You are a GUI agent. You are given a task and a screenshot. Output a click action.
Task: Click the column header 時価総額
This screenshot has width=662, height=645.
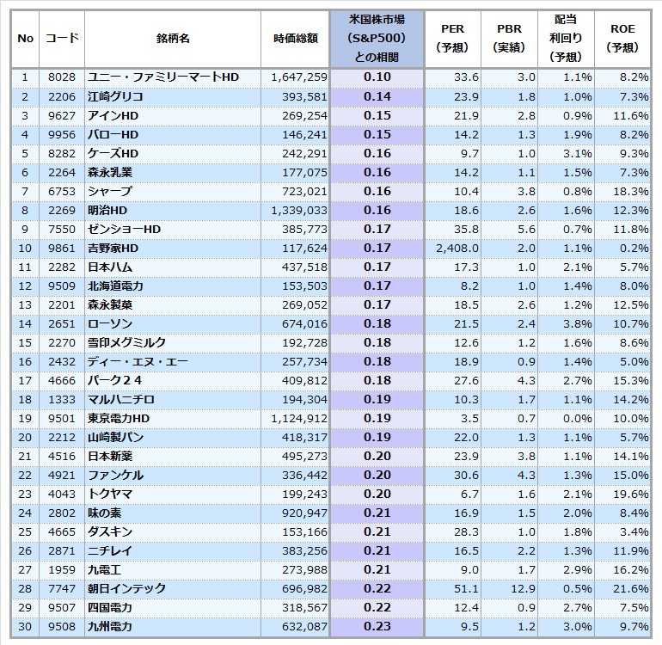click(296, 39)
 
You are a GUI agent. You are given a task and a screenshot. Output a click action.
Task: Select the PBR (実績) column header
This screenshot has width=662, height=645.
click(509, 38)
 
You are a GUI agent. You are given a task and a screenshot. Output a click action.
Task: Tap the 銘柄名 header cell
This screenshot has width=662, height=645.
click(173, 39)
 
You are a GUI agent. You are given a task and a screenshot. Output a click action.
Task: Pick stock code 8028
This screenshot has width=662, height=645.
click(62, 77)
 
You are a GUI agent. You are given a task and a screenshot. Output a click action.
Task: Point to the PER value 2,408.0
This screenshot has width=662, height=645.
click(457, 248)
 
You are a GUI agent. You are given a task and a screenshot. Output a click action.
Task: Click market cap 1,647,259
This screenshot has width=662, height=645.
click(299, 77)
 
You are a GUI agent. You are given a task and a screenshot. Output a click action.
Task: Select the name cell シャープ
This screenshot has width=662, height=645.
click(110, 191)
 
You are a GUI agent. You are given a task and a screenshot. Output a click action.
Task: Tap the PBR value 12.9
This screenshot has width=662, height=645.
click(523, 588)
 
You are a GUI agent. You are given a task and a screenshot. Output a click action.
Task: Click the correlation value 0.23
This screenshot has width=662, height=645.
click(377, 626)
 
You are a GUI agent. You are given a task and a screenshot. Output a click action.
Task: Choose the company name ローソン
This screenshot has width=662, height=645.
click(110, 323)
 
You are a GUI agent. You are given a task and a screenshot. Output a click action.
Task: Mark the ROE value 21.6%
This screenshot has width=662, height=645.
click(631, 588)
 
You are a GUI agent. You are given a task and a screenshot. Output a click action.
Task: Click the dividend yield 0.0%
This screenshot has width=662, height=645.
click(577, 418)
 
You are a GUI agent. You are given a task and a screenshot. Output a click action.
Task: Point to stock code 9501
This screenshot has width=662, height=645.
click(62, 418)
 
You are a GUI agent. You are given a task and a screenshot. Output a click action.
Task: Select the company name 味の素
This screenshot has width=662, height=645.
click(104, 513)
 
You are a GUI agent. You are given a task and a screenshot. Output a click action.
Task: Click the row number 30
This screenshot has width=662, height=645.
click(25, 626)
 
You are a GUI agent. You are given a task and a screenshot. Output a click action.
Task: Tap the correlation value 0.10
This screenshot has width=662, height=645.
click(377, 77)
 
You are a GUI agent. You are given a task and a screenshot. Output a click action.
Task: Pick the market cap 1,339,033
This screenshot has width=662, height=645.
click(299, 211)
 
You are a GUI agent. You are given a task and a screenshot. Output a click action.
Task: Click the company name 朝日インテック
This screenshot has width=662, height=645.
click(126, 588)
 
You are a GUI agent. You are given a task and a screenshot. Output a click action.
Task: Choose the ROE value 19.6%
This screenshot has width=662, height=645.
click(631, 494)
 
